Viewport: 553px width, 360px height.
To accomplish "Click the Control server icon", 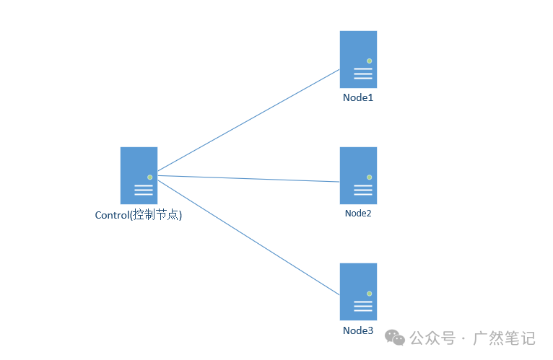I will tap(139, 175).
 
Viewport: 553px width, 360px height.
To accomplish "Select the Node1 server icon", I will tap(358, 59).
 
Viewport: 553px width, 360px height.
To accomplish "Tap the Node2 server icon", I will tap(358, 175).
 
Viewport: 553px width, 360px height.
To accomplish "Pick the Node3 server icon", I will tap(358, 291).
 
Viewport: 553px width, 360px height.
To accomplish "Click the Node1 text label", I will tap(358, 97).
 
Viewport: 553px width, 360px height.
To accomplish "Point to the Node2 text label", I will tap(358, 214).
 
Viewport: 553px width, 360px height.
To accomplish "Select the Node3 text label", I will tap(358, 330).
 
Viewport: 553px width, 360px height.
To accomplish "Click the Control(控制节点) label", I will tap(139, 215).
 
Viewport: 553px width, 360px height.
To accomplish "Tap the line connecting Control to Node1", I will tap(248, 121).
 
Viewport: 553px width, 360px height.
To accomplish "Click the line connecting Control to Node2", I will tap(248, 178).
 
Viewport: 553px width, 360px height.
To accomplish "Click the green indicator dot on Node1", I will tap(369, 61).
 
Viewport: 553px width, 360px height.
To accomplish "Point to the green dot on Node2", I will tap(369, 177).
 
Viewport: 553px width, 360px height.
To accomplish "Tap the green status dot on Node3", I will tap(369, 293).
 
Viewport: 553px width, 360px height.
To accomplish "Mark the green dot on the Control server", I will tap(149, 177).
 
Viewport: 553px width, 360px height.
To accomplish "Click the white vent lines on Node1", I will tap(363, 74).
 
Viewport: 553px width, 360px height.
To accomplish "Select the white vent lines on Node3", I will tap(363, 306).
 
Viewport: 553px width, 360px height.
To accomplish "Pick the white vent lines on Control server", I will tap(144, 190).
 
